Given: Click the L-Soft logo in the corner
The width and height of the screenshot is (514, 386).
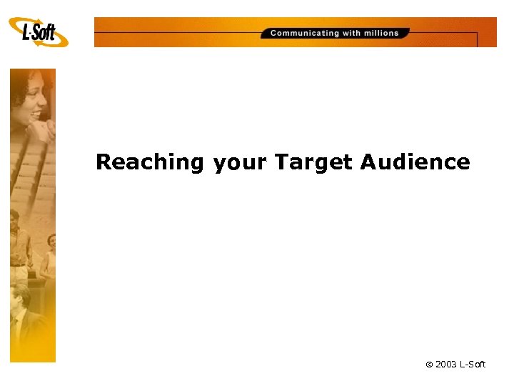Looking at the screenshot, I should [39, 31].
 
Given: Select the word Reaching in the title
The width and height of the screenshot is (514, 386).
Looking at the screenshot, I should [150, 162].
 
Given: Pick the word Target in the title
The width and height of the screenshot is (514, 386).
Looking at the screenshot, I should [313, 162].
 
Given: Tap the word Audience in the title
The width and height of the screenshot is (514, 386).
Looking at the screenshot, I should [415, 162].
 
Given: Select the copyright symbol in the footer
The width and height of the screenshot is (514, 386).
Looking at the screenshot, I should [430, 365].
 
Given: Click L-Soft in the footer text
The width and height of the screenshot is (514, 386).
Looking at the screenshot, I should [473, 365].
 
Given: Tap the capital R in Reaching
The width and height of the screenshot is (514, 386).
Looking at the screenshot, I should [104, 162].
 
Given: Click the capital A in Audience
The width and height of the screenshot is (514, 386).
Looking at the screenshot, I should [368, 162].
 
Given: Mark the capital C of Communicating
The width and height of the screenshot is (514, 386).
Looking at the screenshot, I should [274, 33].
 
